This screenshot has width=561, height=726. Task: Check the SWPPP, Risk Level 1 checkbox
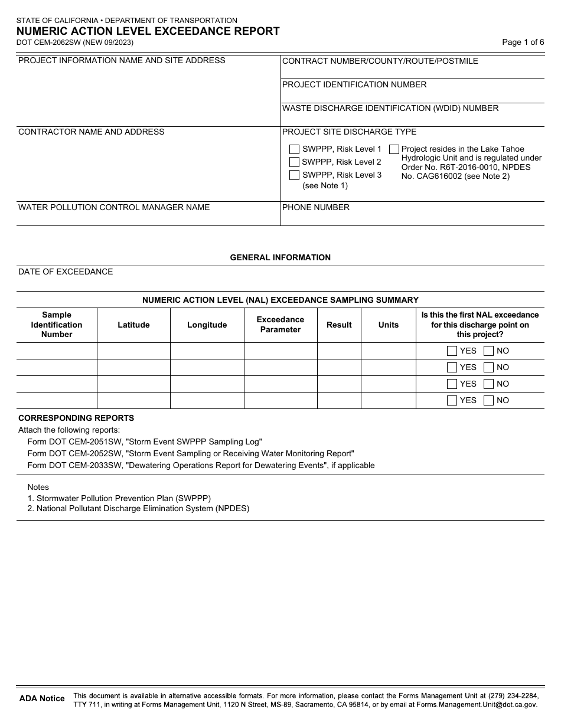(294, 149)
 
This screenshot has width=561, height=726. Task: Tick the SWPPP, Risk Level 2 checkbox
(294, 162)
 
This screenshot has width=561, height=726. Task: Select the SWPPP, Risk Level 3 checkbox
(294, 175)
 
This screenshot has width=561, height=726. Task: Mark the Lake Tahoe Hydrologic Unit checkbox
(394, 149)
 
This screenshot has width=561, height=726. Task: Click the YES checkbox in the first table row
(452, 351)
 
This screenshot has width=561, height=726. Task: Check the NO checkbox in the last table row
(488, 400)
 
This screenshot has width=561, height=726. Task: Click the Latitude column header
(133, 325)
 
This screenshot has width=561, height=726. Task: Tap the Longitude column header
(207, 325)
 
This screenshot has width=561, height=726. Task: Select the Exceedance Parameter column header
(280, 325)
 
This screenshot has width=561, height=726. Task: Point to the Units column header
(388, 325)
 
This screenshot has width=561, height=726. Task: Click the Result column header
(339, 325)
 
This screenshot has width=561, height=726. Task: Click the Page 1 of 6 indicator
(523, 42)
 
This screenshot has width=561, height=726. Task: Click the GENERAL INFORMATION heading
(280, 257)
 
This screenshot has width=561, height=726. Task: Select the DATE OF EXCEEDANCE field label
(66, 272)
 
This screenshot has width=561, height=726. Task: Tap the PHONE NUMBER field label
(316, 207)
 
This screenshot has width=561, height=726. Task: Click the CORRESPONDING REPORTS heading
(76, 418)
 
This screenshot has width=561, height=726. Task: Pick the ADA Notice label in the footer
(42, 698)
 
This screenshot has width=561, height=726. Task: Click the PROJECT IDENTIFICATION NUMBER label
(354, 84)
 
